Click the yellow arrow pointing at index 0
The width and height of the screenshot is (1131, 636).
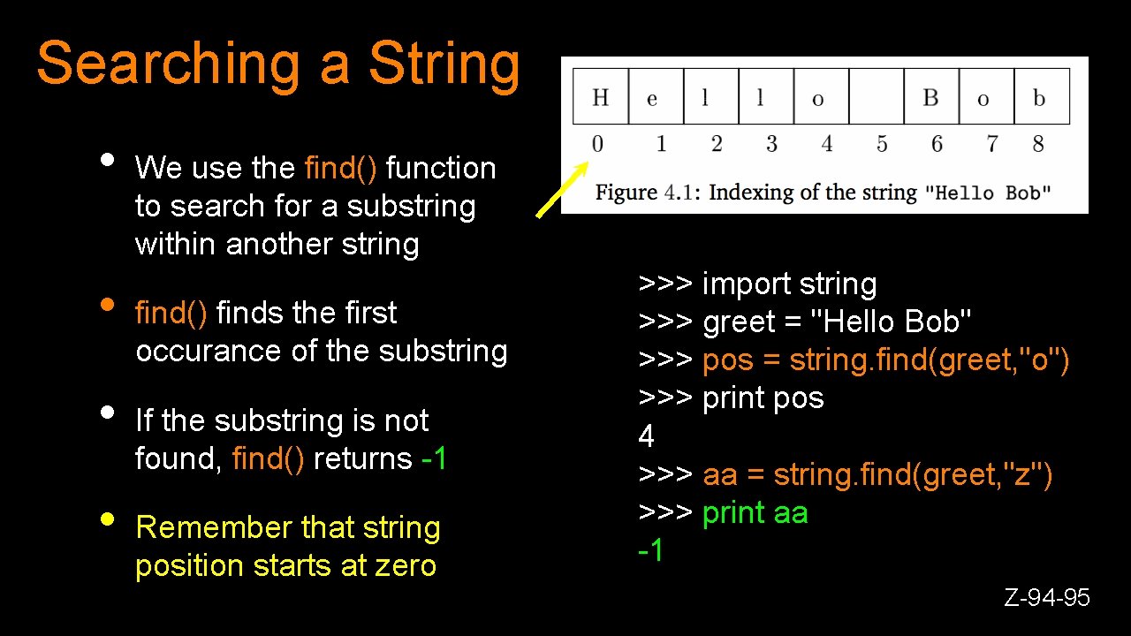tap(563, 189)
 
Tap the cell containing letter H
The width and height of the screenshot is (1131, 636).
tap(600, 97)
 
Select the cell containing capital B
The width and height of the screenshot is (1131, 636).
tap(930, 97)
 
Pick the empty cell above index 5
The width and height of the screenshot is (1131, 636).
tap(876, 97)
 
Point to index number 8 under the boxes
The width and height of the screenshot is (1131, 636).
tap(1038, 144)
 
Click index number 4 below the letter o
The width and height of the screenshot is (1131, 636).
tap(826, 144)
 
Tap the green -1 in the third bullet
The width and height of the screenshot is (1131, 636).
tap(435, 458)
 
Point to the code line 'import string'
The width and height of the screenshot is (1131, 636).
tap(789, 284)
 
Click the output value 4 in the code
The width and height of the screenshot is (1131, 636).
tap(647, 436)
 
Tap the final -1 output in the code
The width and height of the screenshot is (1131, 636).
tap(650, 551)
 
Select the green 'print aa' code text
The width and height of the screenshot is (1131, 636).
tap(755, 513)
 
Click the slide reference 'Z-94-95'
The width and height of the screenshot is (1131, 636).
tap(1047, 598)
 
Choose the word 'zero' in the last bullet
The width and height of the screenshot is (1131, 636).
tap(406, 565)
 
